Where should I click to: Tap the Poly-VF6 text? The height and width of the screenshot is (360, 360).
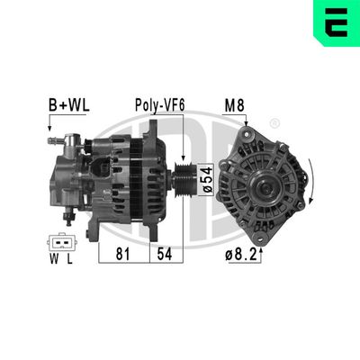(161, 104)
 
